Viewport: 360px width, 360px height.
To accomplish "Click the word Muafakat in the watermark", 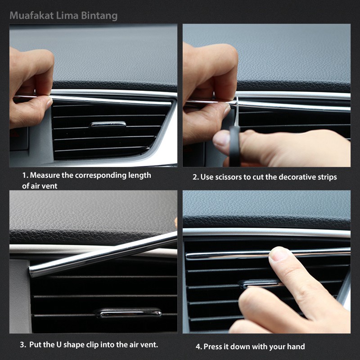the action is tap(31, 16).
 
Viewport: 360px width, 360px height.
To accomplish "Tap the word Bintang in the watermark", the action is tap(99, 16).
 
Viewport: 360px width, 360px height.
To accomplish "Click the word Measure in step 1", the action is tap(45, 175).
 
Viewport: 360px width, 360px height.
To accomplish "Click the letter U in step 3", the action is tap(59, 345).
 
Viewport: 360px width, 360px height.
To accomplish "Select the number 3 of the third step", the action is tap(22, 345).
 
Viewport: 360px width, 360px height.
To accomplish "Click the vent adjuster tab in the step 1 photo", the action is tap(108, 124).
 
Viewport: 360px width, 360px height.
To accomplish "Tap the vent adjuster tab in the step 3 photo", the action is tap(129, 313).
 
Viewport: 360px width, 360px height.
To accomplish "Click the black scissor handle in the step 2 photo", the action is tap(234, 147).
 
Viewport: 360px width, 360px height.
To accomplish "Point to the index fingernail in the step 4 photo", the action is tap(278, 255).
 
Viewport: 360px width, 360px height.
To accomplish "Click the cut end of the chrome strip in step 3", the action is tap(31, 271).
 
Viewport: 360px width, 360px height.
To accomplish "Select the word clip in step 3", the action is tap(93, 345).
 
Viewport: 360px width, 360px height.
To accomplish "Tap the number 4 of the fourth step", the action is tap(198, 346).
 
